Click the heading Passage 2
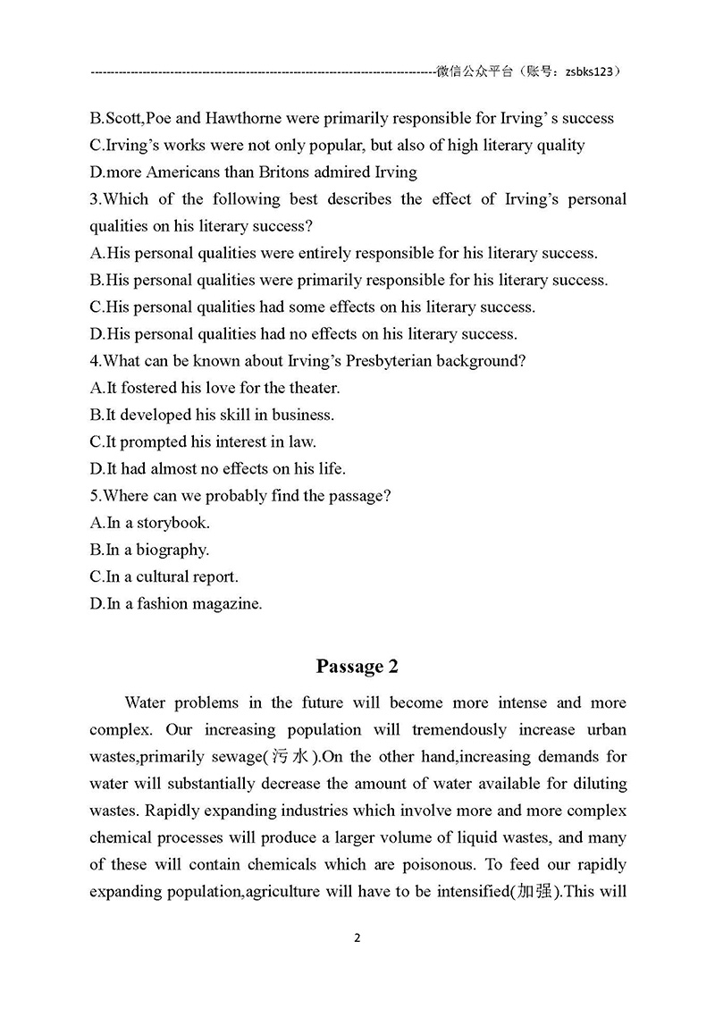(357, 667)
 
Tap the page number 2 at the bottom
(357, 938)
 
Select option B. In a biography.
(149, 550)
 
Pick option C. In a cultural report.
(164, 576)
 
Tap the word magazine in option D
(224, 604)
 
